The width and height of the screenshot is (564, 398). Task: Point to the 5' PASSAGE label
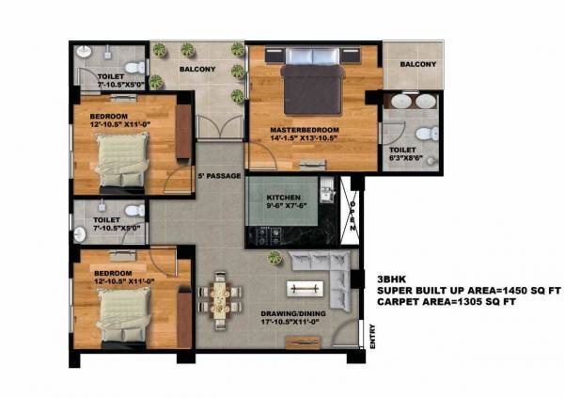[x=219, y=176]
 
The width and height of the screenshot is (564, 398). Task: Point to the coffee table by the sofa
[x=305, y=288]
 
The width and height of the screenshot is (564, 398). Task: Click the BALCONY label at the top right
[x=417, y=64]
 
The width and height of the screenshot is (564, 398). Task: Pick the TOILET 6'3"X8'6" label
[x=404, y=154]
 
